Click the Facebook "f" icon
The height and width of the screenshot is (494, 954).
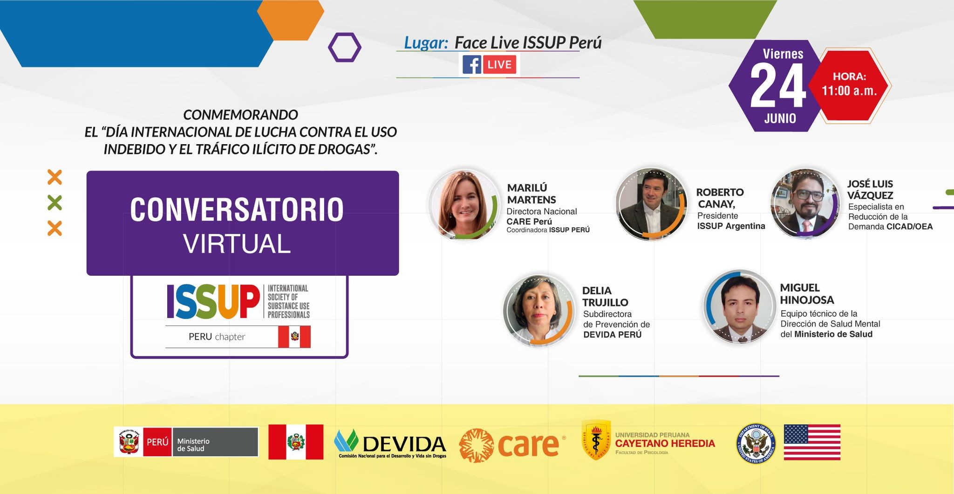pyautogui.click(x=471, y=64)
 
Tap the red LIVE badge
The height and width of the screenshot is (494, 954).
pyautogui.click(x=500, y=64)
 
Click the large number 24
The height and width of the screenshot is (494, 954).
pyautogui.click(x=778, y=86)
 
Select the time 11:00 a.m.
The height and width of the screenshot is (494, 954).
pyautogui.click(x=849, y=90)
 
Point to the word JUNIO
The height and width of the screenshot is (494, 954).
pyautogui.click(x=780, y=118)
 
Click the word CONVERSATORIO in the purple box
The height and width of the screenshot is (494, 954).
pyautogui.click(x=237, y=209)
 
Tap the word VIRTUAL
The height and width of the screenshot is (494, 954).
pyautogui.click(x=237, y=244)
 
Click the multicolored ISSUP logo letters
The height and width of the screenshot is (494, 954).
pyautogui.click(x=213, y=302)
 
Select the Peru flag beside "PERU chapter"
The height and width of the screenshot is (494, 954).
pyautogui.click(x=294, y=337)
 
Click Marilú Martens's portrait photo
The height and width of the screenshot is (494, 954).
pyautogui.click(x=464, y=205)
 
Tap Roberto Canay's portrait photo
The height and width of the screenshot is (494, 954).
pyautogui.click(x=652, y=204)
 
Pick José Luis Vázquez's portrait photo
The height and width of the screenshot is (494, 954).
pyautogui.click(x=805, y=203)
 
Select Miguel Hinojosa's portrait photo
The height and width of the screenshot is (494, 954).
pyautogui.click(x=740, y=306)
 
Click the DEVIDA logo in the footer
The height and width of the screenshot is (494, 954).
pyautogui.click(x=390, y=444)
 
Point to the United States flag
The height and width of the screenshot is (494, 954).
pyautogui.click(x=812, y=442)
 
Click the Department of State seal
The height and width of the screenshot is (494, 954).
pyautogui.click(x=756, y=444)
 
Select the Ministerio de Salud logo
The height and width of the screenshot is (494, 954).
pyautogui.click(x=186, y=442)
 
